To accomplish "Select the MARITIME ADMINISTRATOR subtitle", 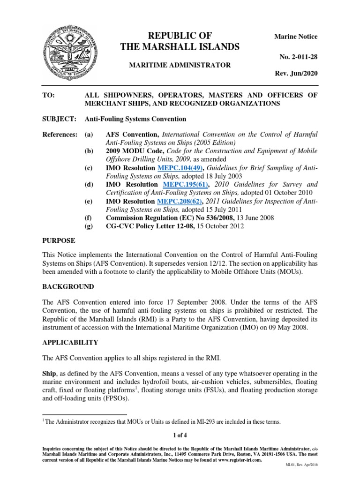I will click(x=180, y=65).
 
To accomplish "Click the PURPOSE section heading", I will click(x=59, y=240).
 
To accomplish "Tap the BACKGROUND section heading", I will click(x=67, y=286).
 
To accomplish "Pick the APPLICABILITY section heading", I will click(x=70, y=343).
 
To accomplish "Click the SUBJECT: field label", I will click(x=60, y=119).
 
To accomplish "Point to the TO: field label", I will click(x=48, y=95).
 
